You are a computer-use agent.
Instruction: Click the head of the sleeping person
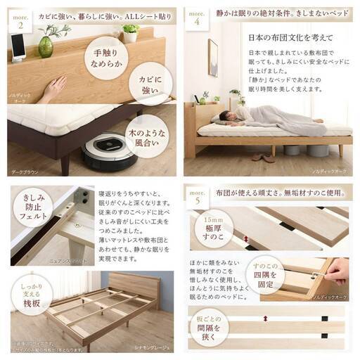click(224, 116)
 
